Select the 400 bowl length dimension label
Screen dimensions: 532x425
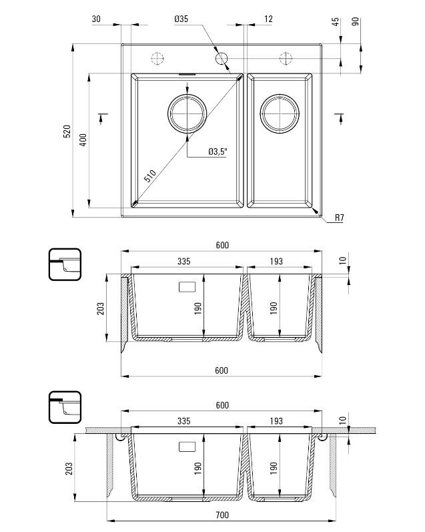pyautogui.click(x=83, y=140)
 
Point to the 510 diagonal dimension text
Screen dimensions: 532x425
pyautogui.click(x=149, y=177)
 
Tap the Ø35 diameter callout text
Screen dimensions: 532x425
pyautogui.click(x=181, y=20)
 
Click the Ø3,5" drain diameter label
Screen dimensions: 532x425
pyautogui.click(x=218, y=152)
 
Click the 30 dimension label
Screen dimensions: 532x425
pyautogui.click(x=96, y=20)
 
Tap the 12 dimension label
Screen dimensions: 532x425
pyautogui.click(x=268, y=20)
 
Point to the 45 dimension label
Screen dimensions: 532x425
pyautogui.click(x=336, y=22)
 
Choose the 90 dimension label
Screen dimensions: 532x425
pyautogui.click(x=355, y=22)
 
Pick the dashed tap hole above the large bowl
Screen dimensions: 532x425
pyautogui.click(x=157, y=58)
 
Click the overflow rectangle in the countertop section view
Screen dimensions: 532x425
pyautogui.click(x=185, y=446)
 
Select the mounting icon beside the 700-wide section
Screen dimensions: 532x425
pyautogui.click(x=65, y=408)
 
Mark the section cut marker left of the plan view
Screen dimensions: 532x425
pyautogui.click(x=102, y=117)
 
